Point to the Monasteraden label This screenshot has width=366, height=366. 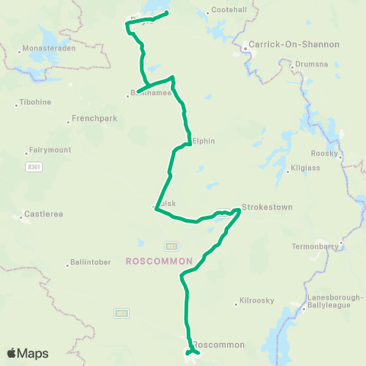click(x=47, y=52)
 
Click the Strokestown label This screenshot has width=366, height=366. click(x=266, y=207)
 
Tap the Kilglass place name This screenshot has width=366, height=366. click(x=305, y=171)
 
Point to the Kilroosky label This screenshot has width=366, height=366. click(x=257, y=301)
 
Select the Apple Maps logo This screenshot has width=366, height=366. click(x=27, y=353)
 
